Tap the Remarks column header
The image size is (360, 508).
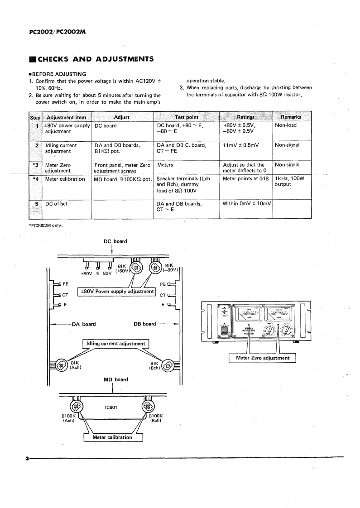click(x=291, y=117)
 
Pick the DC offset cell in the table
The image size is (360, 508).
click(x=57, y=204)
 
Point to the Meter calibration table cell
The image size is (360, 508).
click(x=65, y=179)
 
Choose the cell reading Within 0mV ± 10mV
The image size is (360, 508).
click(x=247, y=204)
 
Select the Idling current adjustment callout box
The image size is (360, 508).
click(x=116, y=344)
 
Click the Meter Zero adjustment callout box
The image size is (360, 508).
click(x=263, y=358)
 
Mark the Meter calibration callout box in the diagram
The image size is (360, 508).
click(x=112, y=437)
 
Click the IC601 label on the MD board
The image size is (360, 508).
click(x=111, y=407)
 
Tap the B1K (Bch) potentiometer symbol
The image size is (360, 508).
click(x=168, y=365)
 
